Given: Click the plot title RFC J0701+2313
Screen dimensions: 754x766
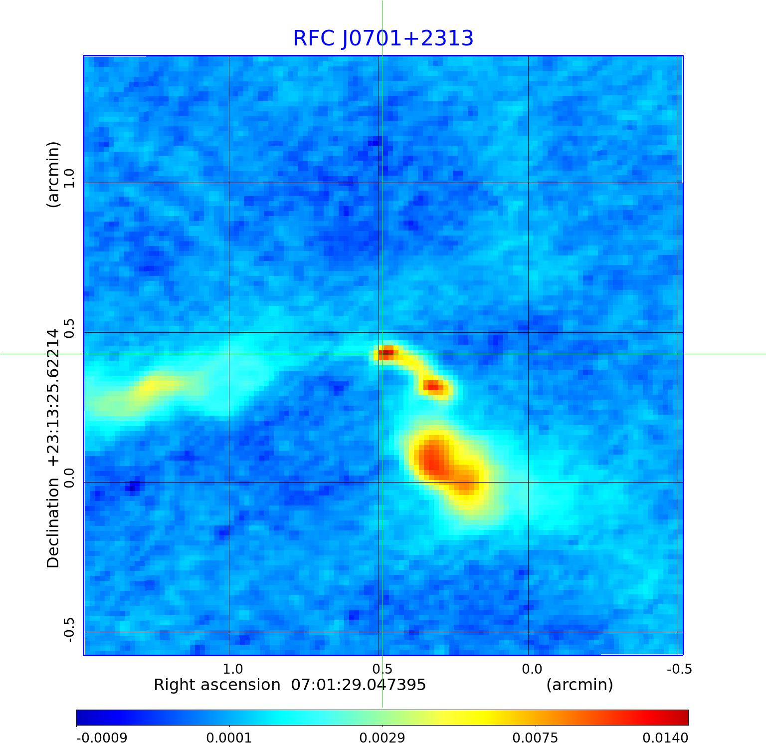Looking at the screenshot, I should pyautogui.click(x=383, y=38).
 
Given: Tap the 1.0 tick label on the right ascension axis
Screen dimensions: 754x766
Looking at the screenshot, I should pyautogui.click(x=232, y=669).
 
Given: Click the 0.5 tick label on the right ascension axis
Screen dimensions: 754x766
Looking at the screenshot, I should pyautogui.click(x=382, y=669).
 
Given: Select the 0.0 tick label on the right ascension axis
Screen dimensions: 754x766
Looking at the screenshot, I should pyautogui.click(x=532, y=669).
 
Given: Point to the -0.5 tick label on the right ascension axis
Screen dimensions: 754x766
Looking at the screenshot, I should pyautogui.click(x=679, y=669).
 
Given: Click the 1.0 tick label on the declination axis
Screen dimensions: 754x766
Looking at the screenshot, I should pyautogui.click(x=68, y=178).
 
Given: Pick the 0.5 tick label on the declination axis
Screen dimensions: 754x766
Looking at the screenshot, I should pyautogui.click(x=68, y=328).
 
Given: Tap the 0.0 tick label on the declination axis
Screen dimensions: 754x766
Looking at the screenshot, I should pyautogui.click(x=68, y=478).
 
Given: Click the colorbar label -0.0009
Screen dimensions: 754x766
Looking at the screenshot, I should pyautogui.click(x=102, y=738).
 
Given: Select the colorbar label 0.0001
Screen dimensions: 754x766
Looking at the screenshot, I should pyautogui.click(x=229, y=738).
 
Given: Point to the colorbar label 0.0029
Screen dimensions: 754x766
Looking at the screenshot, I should pyautogui.click(x=383, y=738).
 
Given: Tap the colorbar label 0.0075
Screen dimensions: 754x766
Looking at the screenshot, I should pyautogui.click(x=536, y=738).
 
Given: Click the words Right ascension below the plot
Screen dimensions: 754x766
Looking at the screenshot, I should pyautogui.click(x=217, y=685).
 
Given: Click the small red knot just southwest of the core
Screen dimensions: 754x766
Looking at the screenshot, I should pyautogui.click(x=433, y=386).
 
